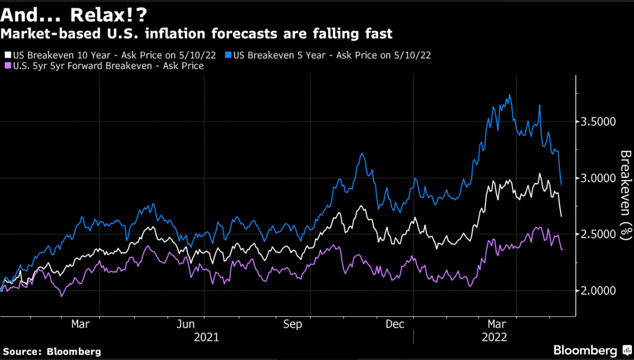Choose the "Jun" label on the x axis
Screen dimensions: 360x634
pyautogui.click(x=186, y=324)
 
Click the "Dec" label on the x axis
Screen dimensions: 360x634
pyautogui.click(x=395, y=324)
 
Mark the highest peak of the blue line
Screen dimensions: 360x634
pyautogui.click(x=510, y=95)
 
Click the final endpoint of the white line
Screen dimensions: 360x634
pyautogui.click(x=561, y=216)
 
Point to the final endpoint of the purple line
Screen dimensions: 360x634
pyautogui.click(x=561, y=249)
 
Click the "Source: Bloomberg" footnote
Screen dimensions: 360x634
pyautogui.click(x=51, y=351)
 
